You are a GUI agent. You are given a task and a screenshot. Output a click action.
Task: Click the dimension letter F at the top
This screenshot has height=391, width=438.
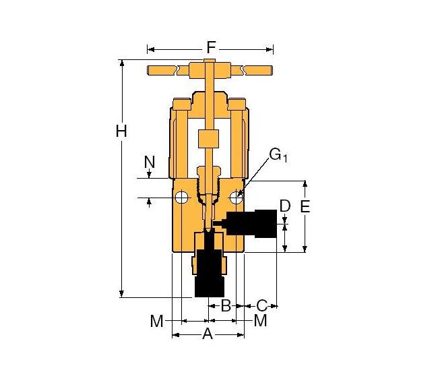(210, 48)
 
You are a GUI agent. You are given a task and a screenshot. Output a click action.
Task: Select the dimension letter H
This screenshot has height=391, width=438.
(121, 131)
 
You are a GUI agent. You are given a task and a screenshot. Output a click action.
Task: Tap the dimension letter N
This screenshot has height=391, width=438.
(150, 162)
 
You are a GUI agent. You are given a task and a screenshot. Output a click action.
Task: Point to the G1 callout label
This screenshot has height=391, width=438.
(278, 155)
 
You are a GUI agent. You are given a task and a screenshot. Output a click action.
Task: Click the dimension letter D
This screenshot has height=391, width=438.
(285, 205)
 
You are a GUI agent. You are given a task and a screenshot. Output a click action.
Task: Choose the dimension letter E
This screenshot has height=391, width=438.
(305, 207)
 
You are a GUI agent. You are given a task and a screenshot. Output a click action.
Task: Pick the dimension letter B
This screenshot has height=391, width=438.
(226, 305)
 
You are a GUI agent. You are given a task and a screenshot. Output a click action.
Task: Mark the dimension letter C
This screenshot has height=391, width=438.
(262, 305)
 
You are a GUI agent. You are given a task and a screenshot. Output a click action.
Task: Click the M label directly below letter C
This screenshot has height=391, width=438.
(260, 321)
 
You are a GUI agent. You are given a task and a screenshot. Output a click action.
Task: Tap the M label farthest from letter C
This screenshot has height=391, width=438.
(157, 322)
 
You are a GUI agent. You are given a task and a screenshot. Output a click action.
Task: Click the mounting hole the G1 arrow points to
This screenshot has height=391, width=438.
(236, 198)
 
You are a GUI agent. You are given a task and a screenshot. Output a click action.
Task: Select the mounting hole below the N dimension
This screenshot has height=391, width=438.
(181, 198)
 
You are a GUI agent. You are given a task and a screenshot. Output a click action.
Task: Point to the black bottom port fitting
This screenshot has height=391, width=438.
(208, 270)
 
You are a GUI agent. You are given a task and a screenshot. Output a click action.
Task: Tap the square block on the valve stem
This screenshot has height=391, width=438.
(208, 140)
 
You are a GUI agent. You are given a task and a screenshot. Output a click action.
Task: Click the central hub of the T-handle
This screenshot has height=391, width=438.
(209, 70)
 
